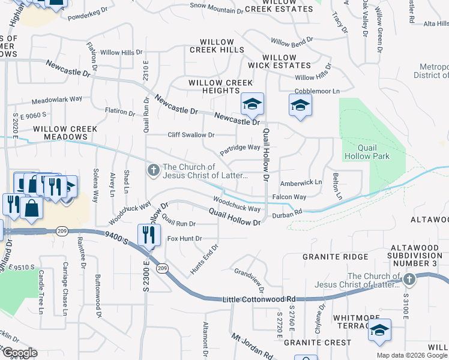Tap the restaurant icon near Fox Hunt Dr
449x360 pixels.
point(148,235)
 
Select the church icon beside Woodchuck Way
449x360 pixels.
point(154,171)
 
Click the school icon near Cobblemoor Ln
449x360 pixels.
point(300,106)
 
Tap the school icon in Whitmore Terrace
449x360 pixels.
point(379,331)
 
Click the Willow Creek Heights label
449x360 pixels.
point(214,86)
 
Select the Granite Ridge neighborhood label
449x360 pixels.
point(335,257)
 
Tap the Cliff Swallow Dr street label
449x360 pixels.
point(191,135)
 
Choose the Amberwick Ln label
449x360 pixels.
point(301,182)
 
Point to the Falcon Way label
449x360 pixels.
point(289,197)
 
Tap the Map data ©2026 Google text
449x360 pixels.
point(412,355)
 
